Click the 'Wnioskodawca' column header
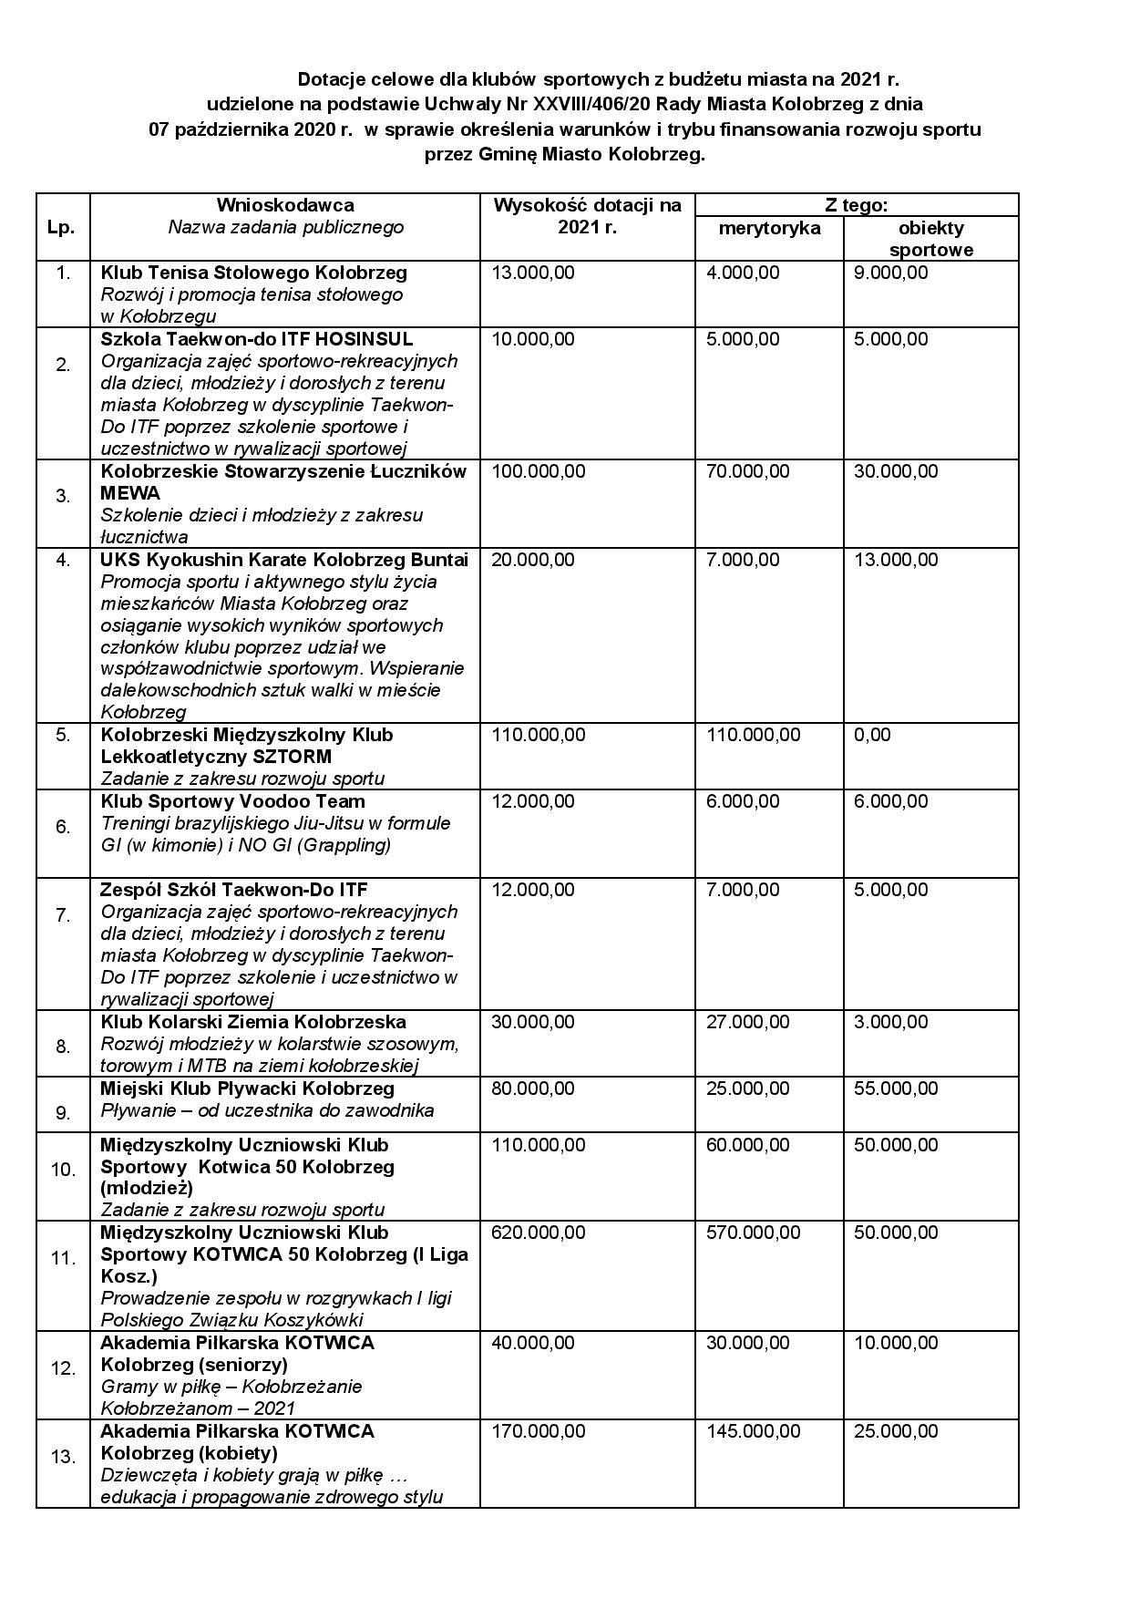(x=284, y=205)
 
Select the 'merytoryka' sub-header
(x=769, y=228)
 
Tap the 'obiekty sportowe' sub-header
(x=930, y=239)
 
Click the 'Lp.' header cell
(x=61, y=228)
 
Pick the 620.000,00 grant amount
(x=538, y=1233)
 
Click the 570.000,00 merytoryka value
(x=753, y=1233)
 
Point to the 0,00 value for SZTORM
(x=872, y=735)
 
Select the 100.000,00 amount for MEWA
(x=538, y=471)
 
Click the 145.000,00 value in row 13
(x=753, y=1431)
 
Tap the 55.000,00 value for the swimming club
(x=895, y=1088)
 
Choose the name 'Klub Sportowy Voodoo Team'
(x=232, y=801)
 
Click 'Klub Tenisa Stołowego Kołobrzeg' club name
(x=253, y=273)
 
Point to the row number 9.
(x=63, y=1112)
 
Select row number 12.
(x=63, y=1368)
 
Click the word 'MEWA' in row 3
(x=130, y=493)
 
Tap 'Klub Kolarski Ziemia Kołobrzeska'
(x=253, y=1022)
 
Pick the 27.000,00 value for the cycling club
(x=747, y=1022)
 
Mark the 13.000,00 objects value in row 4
(x=895, y=560)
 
